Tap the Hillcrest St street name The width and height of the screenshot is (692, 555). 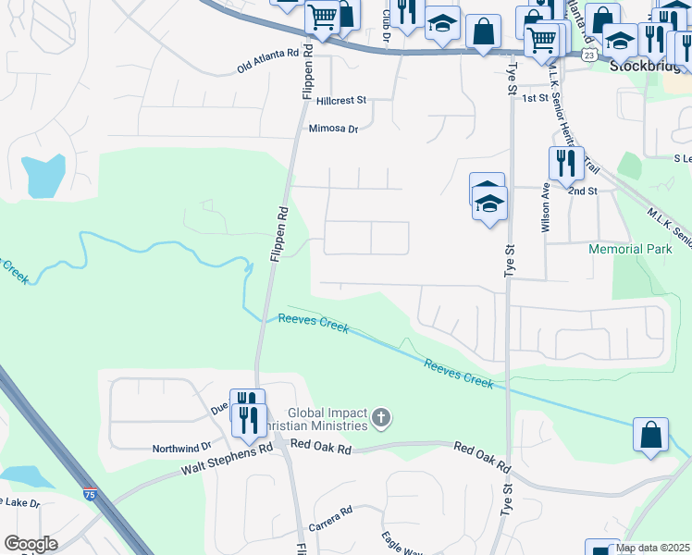340,99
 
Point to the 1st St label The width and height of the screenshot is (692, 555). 535,98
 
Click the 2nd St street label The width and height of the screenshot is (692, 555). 583,191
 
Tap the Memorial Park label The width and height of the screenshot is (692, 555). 628,250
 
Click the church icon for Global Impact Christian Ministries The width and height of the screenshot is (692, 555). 380,419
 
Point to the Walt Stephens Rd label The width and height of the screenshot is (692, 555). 227,453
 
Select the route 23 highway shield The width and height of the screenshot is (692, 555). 589,55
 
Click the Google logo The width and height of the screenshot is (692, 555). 31,544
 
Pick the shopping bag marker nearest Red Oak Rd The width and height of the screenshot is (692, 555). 650,434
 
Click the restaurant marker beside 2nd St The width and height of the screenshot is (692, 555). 565,164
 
